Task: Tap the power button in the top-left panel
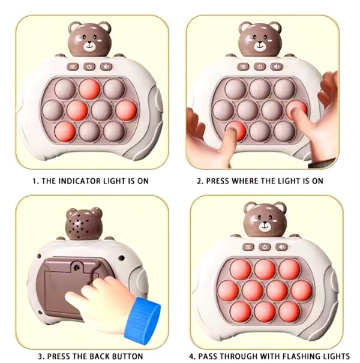pyautogui.click(x=89, y=67)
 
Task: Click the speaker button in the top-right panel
pyautogui.click(x=277, y=67)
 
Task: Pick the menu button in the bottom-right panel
pyautogui.click(x=248, y=247)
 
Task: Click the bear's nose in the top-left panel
pyautogui.click(x=89, y=43)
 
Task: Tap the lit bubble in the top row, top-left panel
pyautogui.click(x=89, y=89)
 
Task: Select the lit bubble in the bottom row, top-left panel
pyautogui.click(x=65, y=131)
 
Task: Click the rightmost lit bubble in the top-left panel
pyautogui.click(x=126, y=110)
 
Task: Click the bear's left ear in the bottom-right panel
pyautogui.click(x=250, y=207)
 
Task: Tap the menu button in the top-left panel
pyautogui.click(x=73, y=67)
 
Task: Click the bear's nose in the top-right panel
pyautogui.click(x=260, y=43)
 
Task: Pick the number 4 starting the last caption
pyautogui.click(x=191, y=356)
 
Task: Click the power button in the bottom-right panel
pyautogui.click(x=265, y=247)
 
